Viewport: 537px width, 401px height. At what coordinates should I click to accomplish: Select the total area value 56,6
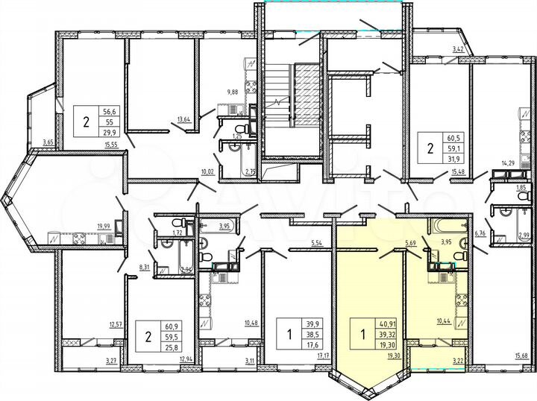[110, 107]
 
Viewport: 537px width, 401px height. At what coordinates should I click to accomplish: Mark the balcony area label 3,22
[459, 361]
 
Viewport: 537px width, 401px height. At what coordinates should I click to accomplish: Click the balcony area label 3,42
[460, 49]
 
